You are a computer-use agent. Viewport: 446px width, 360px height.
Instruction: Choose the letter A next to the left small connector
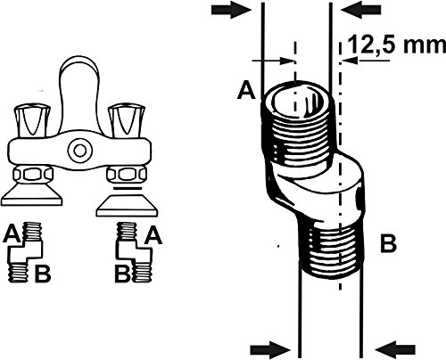pyautogui.click(x=13, y=234)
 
